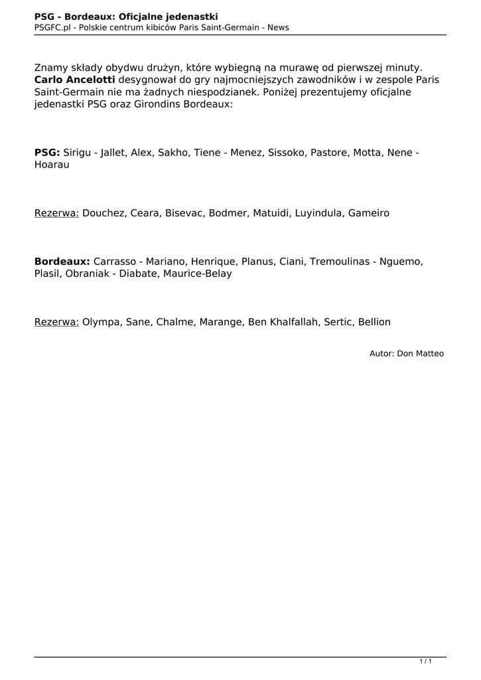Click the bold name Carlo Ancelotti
tap(74, 80)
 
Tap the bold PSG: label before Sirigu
tap(47, 153)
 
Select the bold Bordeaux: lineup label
tap(62, 262)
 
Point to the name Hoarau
tap(52, 165)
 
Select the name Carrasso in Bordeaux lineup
tap(116, 262)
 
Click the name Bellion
tap(374, 322)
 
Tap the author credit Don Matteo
tap(420, 353)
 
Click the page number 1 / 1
tap(426, 661)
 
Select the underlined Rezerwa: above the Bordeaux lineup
tap(56, 213)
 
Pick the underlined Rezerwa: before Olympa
tap(56, 322)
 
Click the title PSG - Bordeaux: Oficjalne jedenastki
tap(126, 16)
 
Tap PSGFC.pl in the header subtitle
tap(52, 27)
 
